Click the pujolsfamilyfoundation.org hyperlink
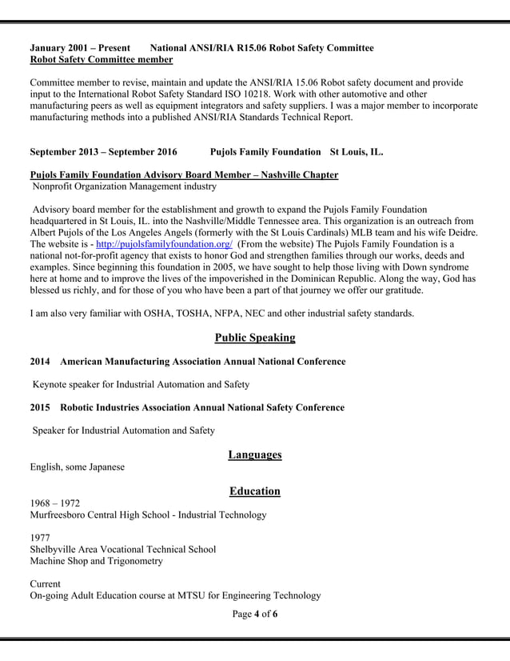point(164,244)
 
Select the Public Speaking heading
point(255,338)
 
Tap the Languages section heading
point(255,455)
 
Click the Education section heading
point(255,491)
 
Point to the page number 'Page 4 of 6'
point(255,614)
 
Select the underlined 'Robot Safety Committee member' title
point(101,59)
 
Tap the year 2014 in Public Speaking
point(40,362)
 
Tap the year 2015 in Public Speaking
point(40,407)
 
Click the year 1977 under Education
point(41,538)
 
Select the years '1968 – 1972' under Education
point(54,503)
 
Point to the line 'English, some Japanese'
point(77,467)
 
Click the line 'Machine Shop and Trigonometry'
point(97,561)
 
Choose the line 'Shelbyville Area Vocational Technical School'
point(122,549)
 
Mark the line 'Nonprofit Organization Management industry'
point(124,186)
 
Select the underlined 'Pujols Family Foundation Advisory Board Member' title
point(184,174)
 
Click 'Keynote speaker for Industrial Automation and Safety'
point(141,385)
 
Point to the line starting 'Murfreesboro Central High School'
point(148,515)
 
